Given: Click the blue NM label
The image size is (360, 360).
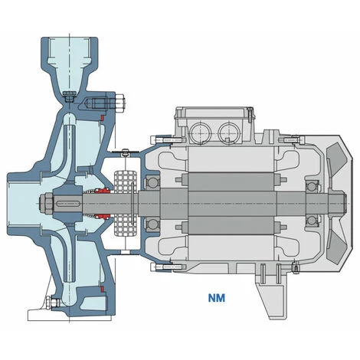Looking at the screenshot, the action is pyautogui.click(x=217, y=298).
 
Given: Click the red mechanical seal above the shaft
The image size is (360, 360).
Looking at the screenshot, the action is pyautogui.click(x=103, y=191).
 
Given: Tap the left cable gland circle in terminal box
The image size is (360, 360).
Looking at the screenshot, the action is pyautogui.click(x=200, y=133).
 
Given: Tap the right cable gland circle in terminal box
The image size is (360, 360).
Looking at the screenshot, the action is pyautogui.click(x=228, y=133).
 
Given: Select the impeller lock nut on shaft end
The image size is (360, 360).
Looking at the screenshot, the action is pyautogui.click(x=46, y=204).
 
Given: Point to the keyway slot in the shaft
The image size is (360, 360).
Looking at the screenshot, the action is pyautogui.click(x=67, y=204).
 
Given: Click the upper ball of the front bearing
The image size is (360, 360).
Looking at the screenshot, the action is pyautogui.click(x=152, y=182).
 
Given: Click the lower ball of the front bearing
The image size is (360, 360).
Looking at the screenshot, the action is pyautogui.click(x=152, y=224).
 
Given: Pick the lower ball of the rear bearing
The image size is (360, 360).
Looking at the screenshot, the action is pyautogui.click(x=312, y=220).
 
